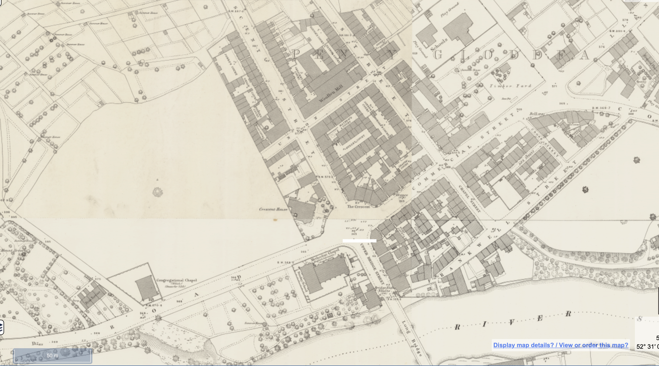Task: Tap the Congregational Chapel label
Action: coord(176,280)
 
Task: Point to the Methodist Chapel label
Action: coord(325,255)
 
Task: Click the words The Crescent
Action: coord(358,206)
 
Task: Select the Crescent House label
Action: coord(273,209)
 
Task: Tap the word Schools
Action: coord(439,44)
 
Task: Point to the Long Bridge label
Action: coord(411,338)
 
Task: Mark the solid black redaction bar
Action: coord(359,241)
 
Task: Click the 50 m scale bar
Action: coord(53,356)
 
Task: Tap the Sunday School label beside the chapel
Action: coord(302,281)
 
